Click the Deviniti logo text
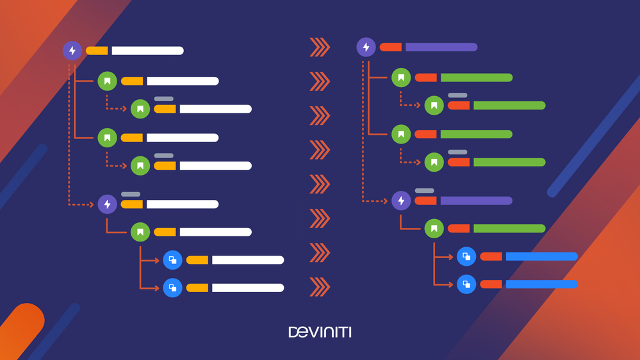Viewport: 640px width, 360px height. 320,332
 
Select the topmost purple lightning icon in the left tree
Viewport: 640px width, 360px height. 72,51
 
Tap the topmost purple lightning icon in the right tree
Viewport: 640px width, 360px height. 366,47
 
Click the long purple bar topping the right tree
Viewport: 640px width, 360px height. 441,47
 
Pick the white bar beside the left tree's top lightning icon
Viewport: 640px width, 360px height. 148,51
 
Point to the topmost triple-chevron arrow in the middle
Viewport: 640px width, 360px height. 320,47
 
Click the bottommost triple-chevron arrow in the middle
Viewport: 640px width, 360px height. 320,286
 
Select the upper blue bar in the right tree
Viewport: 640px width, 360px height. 541,256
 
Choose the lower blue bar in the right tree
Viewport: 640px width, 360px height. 541,284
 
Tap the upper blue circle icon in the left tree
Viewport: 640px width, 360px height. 173,260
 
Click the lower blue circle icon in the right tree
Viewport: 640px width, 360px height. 466,284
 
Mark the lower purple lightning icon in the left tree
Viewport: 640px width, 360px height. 108,204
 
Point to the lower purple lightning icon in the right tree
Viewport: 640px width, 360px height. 401,200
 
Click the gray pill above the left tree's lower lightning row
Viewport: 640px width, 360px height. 131,194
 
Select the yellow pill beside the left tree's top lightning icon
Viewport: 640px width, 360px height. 97,51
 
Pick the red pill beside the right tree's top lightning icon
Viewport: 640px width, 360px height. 391,47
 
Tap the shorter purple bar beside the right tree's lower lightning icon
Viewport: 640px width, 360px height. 477,200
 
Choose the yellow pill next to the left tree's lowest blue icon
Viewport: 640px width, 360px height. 197,288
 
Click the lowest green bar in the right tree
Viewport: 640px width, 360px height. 509,228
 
